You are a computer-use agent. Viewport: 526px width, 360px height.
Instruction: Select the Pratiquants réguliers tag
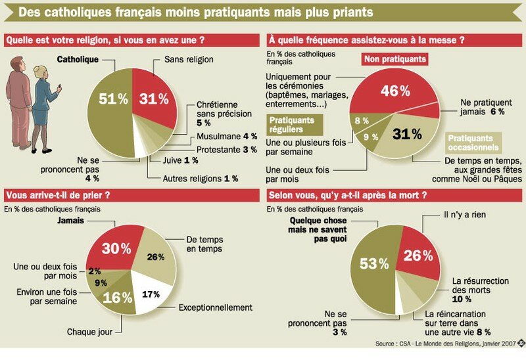(291, 124)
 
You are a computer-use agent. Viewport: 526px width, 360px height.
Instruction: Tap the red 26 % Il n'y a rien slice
(417, 254)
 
